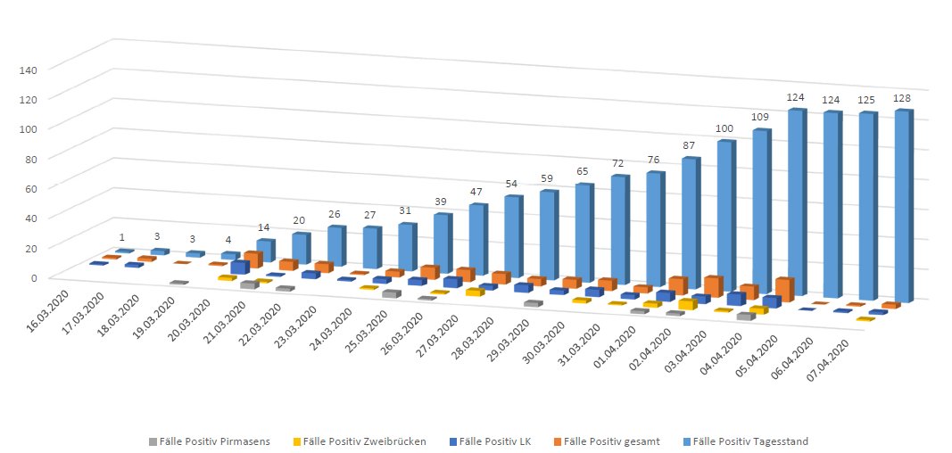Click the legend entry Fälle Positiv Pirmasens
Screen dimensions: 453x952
(x=209, y=441)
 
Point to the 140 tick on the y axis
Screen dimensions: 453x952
(x=39, y=68)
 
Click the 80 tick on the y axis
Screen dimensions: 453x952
(x=42, y=158)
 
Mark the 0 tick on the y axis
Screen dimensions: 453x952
(x=46, y=277)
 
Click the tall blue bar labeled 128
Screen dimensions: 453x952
(x=903, y=205)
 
